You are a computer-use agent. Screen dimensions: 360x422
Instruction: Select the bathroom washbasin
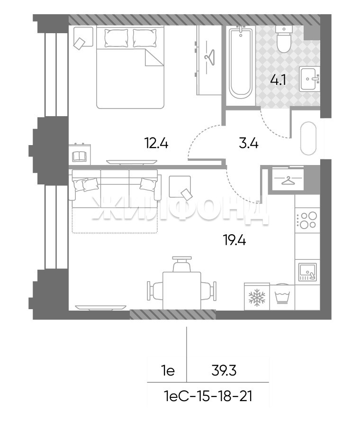(309, 79)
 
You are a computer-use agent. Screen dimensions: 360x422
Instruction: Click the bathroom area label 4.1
(278, 80)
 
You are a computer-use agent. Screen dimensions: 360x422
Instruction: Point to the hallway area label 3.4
(249, 144)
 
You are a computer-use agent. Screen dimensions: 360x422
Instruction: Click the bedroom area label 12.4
(156, 143)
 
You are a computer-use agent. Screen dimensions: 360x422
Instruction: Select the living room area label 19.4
(234, 240)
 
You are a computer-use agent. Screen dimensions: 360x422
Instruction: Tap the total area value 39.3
(224, 371)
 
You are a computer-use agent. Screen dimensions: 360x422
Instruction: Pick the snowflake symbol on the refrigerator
(257, 297)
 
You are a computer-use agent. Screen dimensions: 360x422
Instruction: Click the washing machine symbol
(282, 297)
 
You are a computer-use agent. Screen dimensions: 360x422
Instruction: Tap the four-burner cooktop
(307, 220)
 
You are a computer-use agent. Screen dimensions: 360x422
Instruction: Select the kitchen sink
(307, 272)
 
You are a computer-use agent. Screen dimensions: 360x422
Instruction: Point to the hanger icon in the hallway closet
(288, 181)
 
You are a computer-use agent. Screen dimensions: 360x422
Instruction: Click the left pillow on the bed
(116, 38)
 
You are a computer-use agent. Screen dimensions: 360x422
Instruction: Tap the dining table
(182, 291)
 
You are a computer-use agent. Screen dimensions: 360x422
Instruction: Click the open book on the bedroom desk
(79, 156)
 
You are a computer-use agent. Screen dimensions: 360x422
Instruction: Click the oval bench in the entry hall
(308, 138)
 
